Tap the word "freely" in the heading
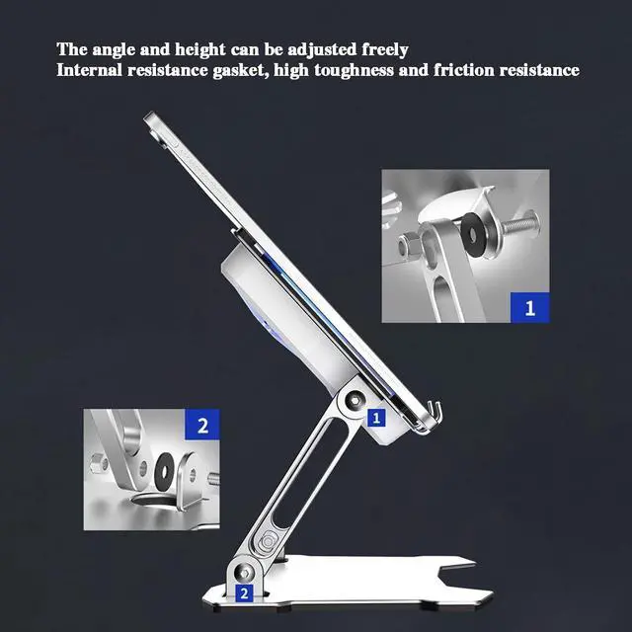pos(382,48)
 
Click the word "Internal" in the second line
pos(88,70)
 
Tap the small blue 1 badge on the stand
pos(375,417)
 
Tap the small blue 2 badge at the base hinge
pos(243,594)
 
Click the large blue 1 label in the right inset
pos(529,308)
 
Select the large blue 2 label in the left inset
pos(202,427)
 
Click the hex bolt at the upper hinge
pos(354,399)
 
